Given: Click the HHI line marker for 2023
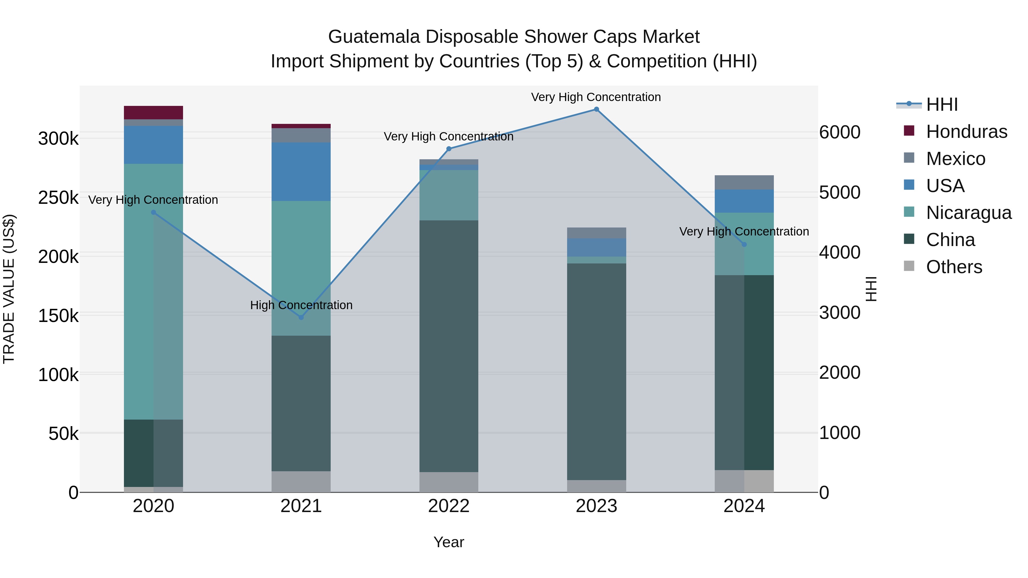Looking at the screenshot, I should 596,109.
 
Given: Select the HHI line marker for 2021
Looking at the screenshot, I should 301,317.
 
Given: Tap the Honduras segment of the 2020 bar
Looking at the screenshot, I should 153,112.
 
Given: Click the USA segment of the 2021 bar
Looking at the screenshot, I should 301,172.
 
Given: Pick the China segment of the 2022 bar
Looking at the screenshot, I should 449,346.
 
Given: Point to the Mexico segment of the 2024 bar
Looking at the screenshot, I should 744,182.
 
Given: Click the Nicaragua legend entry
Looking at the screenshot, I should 969,213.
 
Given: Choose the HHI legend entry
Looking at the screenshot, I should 942,104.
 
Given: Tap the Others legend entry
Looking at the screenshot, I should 954,267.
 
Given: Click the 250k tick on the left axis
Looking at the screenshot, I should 58,198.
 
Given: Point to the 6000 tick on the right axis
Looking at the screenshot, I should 840,132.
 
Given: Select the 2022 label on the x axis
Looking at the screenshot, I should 449,506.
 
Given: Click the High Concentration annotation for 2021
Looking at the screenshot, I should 301,305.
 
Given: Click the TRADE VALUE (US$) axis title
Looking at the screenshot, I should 9,289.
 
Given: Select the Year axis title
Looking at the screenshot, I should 449,542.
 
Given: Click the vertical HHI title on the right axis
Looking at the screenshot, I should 871,289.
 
